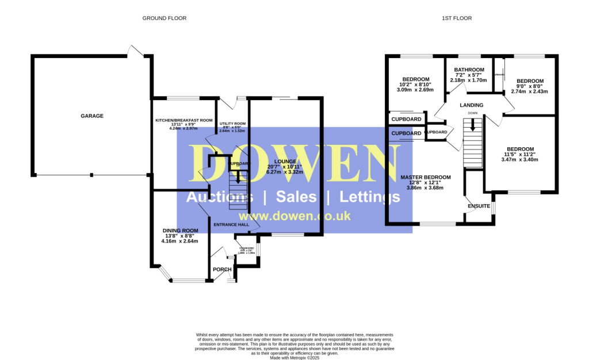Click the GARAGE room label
(92, 116)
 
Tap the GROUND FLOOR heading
(165, 18)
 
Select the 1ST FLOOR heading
(457, 18)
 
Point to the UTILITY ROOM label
(232, 124)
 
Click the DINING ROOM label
(180, 231)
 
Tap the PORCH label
(222, 269)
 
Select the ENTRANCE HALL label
(231, 224)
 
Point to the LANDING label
(472, 105)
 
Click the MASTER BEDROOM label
(426, 177)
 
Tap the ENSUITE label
(479, 206)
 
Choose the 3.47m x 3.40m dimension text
(520, 159)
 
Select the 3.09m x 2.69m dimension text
(415, 90)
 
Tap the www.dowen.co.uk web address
(293, 216)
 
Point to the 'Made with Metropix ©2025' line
(294, 357)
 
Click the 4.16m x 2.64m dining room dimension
(180, 241)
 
